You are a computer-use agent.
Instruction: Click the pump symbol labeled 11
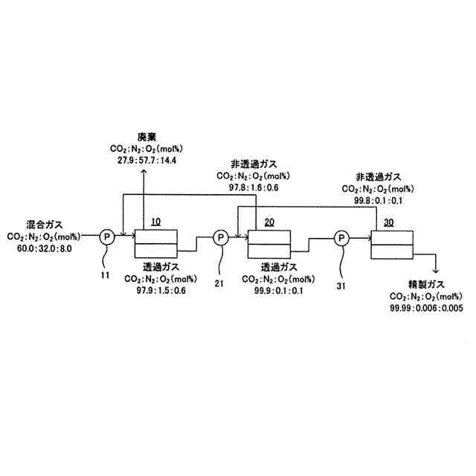coord(106,236)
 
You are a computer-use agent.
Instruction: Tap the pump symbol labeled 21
coord(221,237)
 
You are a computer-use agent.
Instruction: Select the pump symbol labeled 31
coord(341,237)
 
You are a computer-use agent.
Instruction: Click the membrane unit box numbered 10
coord(156,243)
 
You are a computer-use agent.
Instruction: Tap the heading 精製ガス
coord(416,284)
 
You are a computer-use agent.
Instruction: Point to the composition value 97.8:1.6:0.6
coord(253,187)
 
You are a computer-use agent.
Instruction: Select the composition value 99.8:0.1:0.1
coord(378,199)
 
